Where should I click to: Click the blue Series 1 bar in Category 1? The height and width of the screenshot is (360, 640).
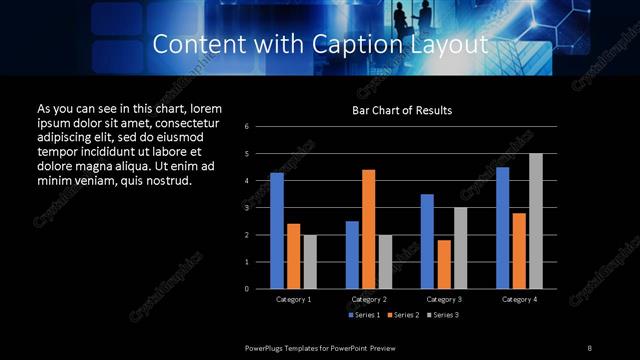(x=276, y=231)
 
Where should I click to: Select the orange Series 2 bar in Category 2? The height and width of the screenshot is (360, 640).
(x=368, y=229)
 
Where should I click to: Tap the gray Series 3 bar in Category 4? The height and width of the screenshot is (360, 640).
(x=535, y=221)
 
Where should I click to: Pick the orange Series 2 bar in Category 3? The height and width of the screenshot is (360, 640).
(x=443, y=264)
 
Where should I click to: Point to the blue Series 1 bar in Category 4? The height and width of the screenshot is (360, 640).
(x=502, y=228)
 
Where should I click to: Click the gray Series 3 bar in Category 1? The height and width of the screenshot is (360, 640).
(x=309, y=262)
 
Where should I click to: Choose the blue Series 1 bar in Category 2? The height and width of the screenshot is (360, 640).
(x=352, y=255)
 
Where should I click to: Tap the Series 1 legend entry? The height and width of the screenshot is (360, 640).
(x=364, y=316)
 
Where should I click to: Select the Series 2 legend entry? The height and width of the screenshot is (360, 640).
(x=402, y=316)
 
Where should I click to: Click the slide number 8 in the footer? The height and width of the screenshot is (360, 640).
(x=590, y=347)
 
